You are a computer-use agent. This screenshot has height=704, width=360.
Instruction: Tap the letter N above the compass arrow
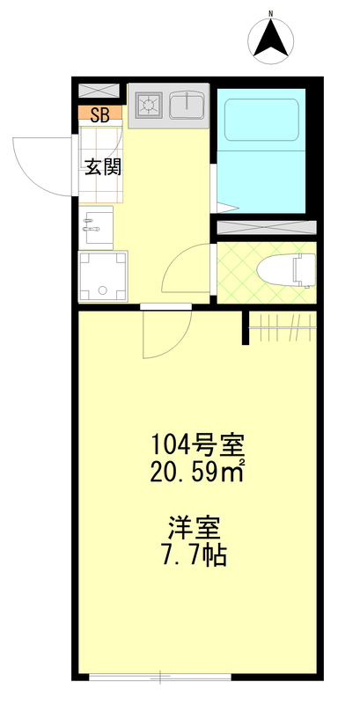(271, 13)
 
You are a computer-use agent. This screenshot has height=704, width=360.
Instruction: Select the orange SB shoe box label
(100, 114)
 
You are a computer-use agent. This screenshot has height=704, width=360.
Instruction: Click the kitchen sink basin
(187, 106)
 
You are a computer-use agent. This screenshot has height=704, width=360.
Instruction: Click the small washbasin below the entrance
(97, 227)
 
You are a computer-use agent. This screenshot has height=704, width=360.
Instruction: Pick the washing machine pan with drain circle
(103, 276)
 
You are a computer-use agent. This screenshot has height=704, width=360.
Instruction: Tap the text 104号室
(191, 442)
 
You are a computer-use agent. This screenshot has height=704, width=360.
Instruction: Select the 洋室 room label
(195, 529)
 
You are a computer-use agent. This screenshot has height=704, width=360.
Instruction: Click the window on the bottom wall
(160, 677)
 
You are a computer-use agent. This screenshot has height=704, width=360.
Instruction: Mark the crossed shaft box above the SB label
(99, 92)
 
